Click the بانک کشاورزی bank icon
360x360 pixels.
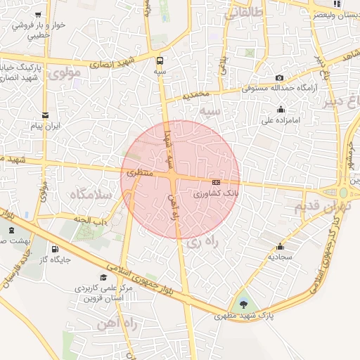pyautogui.click(x=215, y=182)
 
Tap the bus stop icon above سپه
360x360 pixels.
pyautogui.click(x=160, y=60)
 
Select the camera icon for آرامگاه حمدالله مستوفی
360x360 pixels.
pyautogui.click(x=280, y=77)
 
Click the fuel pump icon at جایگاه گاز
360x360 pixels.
pyautogui.click(x=55, y=249)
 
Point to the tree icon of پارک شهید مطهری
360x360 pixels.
pyautogui.click(x=243, y=304)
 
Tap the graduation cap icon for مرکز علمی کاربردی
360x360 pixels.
pyautogui.click(x=104, y=278)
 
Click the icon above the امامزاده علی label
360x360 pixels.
pyautogui.click(x=281, y=109)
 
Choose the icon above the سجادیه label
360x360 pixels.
pyautogui.click(x=281, y=247)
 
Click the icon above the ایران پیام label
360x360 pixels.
pyautogui.click(x=46, y=115)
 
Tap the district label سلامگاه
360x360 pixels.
pyautogui.click(x=93, y=194)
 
